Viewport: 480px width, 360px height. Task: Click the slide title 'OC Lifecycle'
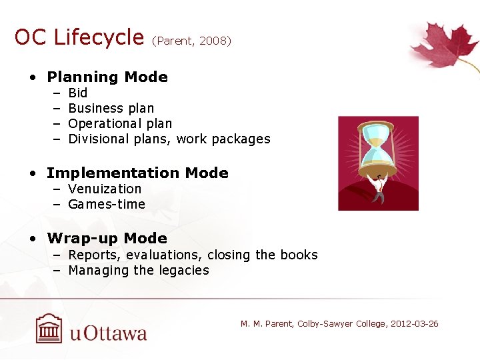click(x=79, y=37)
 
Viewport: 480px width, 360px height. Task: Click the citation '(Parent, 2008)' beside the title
click(x=191, y=41)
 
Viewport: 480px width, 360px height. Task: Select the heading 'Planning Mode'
click(x=107, y=77)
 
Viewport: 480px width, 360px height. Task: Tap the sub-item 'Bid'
click(x=77, y=93)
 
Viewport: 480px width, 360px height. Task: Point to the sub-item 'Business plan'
click(x=111, y=108)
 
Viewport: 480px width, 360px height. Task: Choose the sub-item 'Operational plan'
click(x=120, y=123)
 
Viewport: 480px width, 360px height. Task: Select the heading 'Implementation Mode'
click(x=137, y=173)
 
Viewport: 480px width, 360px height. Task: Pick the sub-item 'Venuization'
click(x=105, y=189)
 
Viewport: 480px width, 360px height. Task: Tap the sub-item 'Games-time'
click(x=107, y=204)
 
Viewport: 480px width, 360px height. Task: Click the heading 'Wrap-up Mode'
click(x=107, y=239)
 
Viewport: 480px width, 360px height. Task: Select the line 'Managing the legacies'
click(x=139, y=270)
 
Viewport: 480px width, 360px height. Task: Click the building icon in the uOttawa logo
click(x=49, y=328)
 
